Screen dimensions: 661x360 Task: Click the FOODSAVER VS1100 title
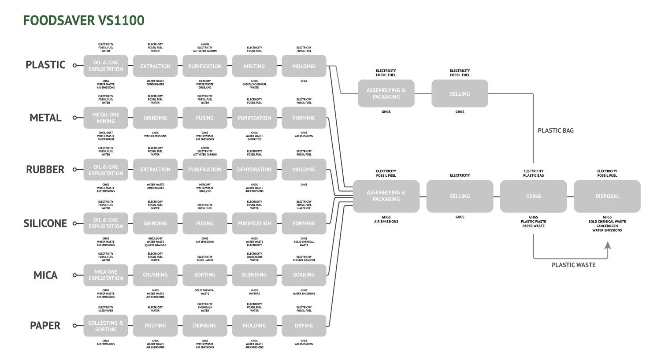[84, 21]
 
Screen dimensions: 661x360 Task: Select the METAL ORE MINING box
[106, 118]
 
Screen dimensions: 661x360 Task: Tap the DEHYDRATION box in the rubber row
[254, 170]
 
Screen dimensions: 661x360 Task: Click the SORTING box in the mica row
[205, 275]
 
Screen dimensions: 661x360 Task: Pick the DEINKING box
[205, 326]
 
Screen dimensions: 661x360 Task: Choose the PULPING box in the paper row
[155, 326]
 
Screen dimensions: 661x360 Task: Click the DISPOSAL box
[607, 196]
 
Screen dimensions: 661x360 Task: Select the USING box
[533, 196]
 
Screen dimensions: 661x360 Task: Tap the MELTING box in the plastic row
[254, 66]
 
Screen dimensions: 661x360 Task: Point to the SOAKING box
[304, 275]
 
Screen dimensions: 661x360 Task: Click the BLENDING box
[254, 275]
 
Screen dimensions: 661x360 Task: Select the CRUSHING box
[155, 275]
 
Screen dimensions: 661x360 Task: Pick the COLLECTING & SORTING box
[106, 326]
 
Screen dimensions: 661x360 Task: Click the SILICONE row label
[45, 223]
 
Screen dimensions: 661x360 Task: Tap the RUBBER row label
[45, 170]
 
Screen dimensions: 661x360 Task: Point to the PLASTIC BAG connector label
[556, 130]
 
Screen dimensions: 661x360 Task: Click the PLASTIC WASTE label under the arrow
[573, 265]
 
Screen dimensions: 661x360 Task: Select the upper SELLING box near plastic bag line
[460, 93]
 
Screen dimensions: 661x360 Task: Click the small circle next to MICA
[74, 275]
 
